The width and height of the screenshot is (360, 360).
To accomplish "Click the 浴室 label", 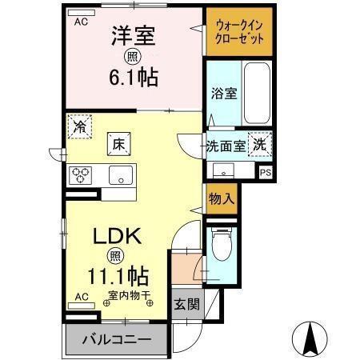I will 223,94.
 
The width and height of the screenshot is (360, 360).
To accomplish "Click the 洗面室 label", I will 225,146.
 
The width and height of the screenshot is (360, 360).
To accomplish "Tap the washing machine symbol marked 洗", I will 259,145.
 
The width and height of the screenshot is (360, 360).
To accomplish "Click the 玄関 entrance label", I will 188,304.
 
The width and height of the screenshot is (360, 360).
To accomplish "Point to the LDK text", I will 118,237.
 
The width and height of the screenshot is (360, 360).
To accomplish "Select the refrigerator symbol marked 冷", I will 79,126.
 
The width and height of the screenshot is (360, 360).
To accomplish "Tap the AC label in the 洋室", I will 81,22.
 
